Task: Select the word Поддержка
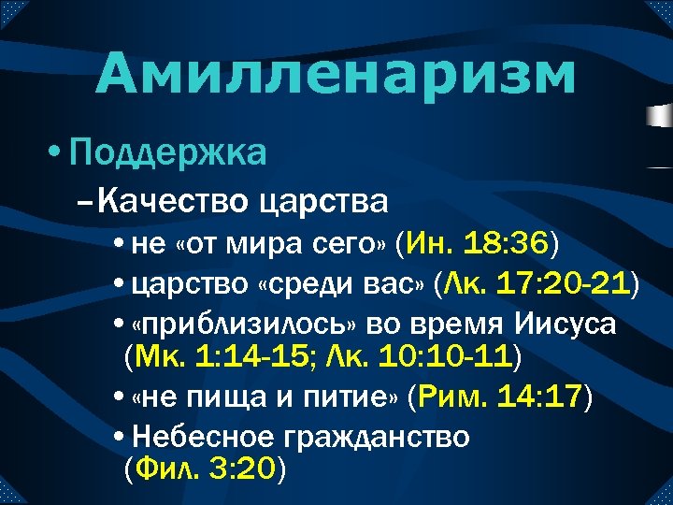tap(167, 151)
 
